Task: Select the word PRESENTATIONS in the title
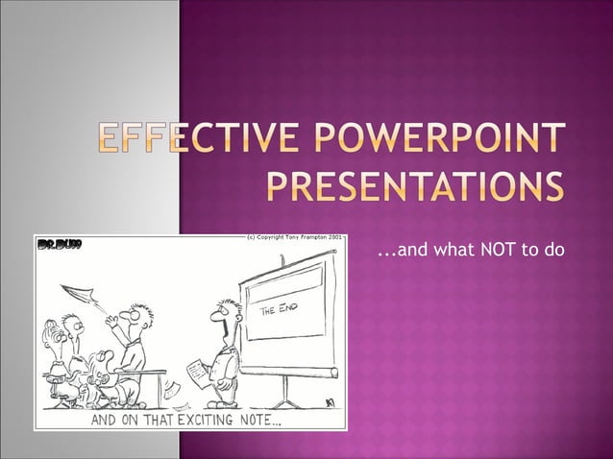(414, 185)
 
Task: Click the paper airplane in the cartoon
(76, 292)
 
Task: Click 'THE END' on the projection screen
(279, 312)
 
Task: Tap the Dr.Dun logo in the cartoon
(60, 247)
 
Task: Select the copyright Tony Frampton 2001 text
(294, 237)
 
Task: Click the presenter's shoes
(224, 403)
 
